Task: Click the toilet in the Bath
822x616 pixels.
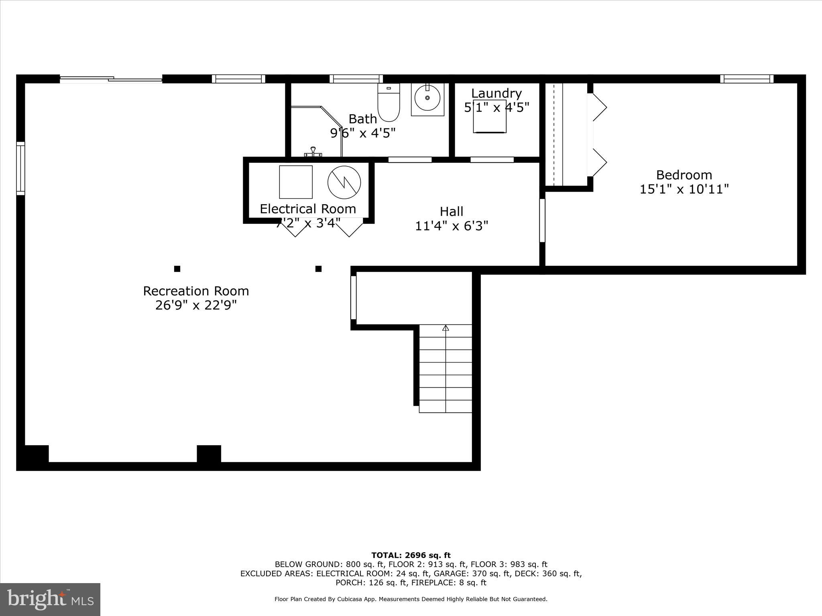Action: tap(389, 103)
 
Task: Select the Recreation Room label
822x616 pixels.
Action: tap(196, 291)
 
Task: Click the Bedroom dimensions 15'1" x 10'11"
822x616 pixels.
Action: tap(684, 189)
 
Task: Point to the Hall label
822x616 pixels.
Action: tap(452, 211)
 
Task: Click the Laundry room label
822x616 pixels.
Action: tap(496, 93)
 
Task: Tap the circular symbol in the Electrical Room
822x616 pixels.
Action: tap(344, 182)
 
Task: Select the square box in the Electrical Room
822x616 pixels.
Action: tap(296, 182)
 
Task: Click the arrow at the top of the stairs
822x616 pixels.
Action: tap(446, 328)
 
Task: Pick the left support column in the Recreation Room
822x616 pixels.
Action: tap(177, 269)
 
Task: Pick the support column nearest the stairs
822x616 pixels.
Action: tap(318, 269)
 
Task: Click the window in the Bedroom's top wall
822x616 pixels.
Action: tap(747, 79)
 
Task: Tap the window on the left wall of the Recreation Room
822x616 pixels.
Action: tap(20, 168)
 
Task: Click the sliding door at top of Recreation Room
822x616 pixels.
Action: tap(111, 79)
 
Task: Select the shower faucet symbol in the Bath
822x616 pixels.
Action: tap(313, 152)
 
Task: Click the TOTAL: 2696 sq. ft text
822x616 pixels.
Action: tap(411, 555)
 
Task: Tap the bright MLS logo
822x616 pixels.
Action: tap(50, 600)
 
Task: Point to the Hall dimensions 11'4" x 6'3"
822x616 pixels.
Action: tap(452, 226)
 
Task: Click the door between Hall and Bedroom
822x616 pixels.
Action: tap(542, 221)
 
